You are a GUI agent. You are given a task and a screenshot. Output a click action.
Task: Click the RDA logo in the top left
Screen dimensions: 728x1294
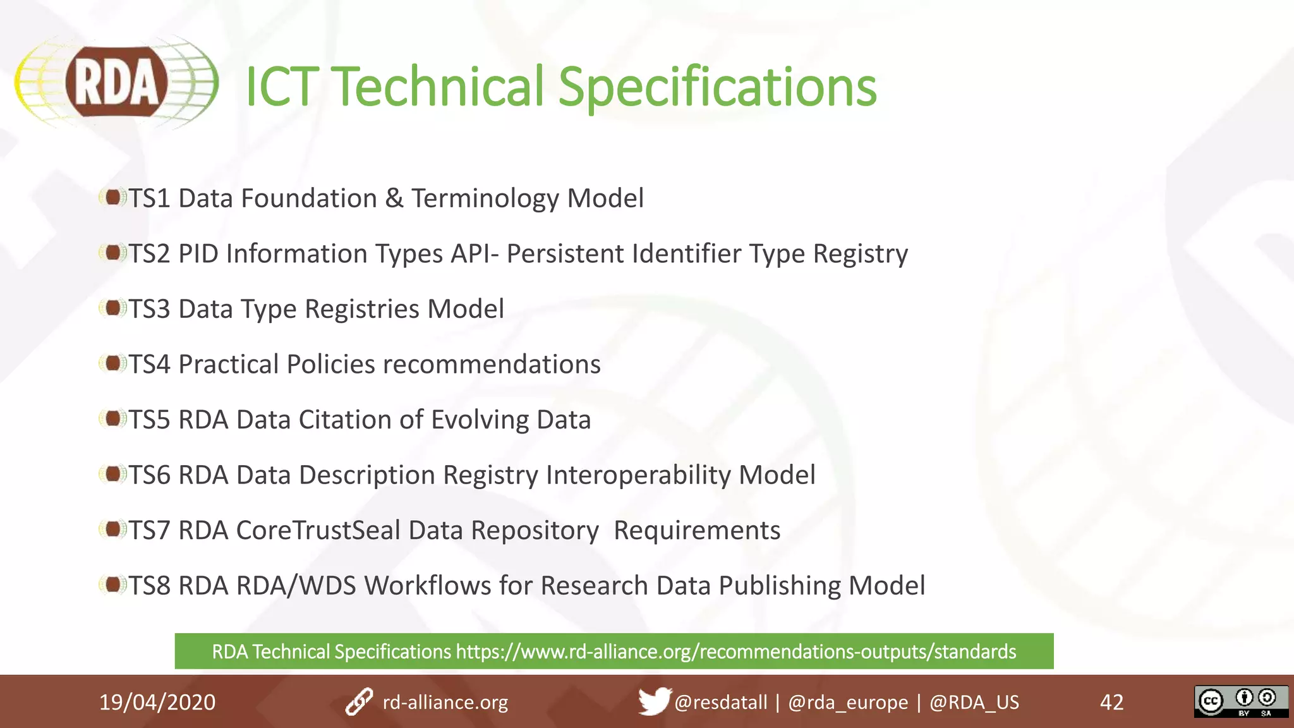coord(116,83)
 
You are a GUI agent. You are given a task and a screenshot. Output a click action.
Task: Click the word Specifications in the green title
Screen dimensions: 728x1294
coord(717,87)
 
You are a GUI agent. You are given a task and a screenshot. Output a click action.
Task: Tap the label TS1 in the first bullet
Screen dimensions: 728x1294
coord(150,198)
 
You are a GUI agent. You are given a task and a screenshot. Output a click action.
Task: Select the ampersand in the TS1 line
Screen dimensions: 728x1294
coord(394,198)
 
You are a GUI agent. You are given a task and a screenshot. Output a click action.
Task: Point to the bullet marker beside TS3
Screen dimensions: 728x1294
coord(112,308)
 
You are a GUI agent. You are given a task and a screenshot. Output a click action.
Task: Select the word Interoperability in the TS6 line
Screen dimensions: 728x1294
coord(638,475)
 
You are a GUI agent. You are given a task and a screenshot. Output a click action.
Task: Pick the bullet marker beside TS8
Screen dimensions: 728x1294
coord(112,585)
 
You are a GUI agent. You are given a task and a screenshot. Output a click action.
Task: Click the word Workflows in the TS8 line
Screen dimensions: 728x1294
coord(427,586)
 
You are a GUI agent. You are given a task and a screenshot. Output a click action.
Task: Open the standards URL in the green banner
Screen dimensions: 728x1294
coord(735,652)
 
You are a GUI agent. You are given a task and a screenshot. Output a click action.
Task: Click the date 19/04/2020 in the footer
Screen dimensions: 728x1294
coord(157,702)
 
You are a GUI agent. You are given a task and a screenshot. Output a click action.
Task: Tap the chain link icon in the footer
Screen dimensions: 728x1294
coord(359,702)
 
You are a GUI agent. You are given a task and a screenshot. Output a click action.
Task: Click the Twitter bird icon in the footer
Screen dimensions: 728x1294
coord(653,701)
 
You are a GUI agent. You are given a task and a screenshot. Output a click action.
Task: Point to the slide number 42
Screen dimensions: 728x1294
coord(1111,702)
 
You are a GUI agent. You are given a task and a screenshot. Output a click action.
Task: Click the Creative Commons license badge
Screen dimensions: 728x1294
coord(1240,701)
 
